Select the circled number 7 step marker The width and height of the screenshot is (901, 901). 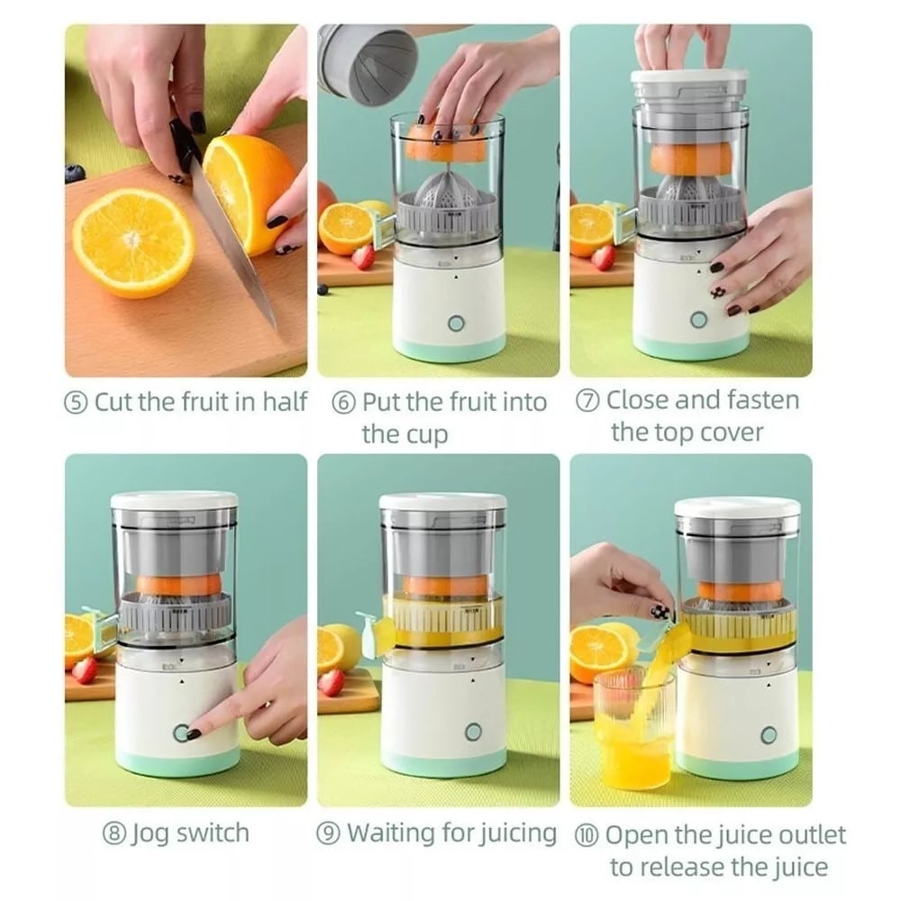tap(587, 401)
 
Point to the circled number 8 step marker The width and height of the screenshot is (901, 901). tap(114, 833)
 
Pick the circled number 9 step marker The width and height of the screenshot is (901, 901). tap(329, 833)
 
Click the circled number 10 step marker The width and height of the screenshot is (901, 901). tap(587, 835)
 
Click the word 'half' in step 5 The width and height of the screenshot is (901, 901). tap(285, 402)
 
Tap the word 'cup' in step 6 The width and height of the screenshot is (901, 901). tap(426, 435)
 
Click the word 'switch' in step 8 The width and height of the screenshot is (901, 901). tap(213, 833)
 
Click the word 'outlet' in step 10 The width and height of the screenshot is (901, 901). tap(813, 835)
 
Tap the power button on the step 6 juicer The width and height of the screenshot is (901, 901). tap(456, 323)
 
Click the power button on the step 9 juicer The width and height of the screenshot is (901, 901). tap(473, 732)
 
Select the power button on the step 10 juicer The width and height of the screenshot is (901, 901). tap(769, 735)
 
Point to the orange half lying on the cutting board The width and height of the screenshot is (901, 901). tap(133, 242)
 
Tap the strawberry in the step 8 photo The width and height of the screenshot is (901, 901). tap(85, 670)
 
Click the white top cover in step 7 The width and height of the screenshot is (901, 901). tap(689, 79)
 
